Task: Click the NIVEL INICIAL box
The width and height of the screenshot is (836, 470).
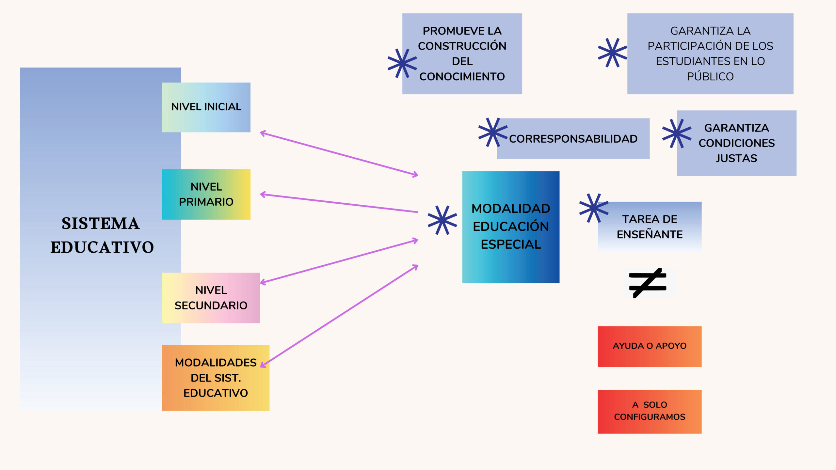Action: coord(206,107)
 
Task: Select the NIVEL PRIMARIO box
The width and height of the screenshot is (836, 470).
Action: coord(206,194)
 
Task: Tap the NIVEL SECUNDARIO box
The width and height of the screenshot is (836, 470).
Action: coord(211,298)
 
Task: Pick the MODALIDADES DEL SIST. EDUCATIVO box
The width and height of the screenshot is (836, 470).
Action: coord(216,378)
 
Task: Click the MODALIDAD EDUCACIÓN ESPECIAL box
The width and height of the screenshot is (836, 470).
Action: coord(511,227)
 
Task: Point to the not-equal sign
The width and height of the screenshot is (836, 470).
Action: coord(648,283)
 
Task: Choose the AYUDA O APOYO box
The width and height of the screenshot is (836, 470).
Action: coord(650,346)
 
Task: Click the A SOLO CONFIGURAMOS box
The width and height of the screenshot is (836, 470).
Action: coord(650,411)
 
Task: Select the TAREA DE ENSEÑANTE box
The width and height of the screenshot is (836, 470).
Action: coord(650,227)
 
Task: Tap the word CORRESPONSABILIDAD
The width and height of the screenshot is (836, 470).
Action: coord(573,139)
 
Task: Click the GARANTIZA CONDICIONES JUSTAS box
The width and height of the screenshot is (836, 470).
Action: coord(736,143)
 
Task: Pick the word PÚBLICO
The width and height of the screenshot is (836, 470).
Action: coord(710,77)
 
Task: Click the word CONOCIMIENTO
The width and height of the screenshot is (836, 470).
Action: coord(462,77)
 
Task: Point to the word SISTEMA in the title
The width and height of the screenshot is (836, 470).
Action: coord(101,224)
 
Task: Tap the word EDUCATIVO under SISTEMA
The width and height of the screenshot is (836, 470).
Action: coord(102,247)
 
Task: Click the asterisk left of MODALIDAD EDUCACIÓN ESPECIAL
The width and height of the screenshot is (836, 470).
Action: coord(442,220)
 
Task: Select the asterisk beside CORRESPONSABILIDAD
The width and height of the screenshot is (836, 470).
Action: coord(492,132)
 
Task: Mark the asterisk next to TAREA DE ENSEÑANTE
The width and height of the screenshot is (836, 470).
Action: coord(593,208)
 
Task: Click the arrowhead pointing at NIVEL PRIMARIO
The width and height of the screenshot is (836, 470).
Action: coord(262,195)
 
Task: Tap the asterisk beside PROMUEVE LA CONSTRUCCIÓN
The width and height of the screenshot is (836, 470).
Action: coord(402,63)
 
